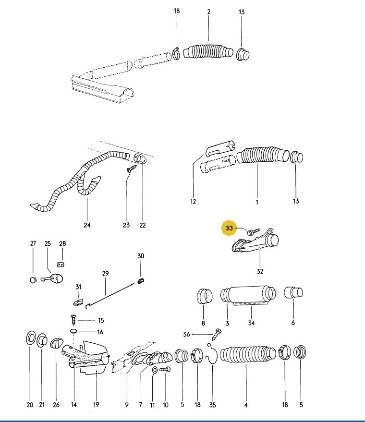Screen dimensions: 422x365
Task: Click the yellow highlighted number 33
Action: [229, 229]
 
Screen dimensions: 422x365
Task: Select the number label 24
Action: [87, 225]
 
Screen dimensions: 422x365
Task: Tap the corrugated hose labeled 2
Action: [207, 52]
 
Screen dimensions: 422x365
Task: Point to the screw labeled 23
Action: [131, 169]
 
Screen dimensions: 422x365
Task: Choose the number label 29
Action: [105, 274]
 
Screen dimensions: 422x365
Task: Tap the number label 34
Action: [251, 323]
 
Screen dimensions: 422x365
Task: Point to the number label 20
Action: [30, 405]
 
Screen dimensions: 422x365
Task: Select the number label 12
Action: [193, 202]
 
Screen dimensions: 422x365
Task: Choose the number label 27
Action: [33, 244]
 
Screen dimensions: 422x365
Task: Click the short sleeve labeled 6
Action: [292, 293]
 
